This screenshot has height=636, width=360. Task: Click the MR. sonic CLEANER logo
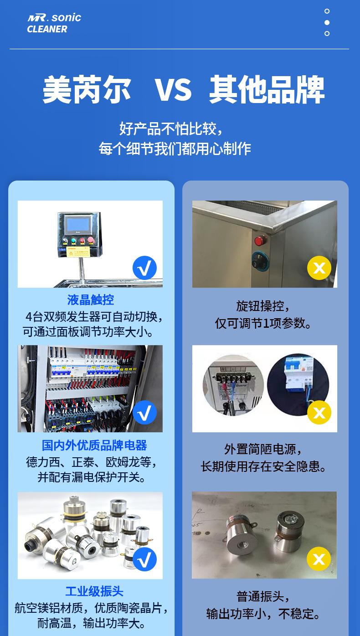point(54,23)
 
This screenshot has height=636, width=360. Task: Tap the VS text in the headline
point(174,90)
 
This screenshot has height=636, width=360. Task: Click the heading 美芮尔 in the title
point(87,90)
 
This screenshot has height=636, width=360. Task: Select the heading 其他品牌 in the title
point(267,90)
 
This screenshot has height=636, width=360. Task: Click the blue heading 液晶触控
point(91,300)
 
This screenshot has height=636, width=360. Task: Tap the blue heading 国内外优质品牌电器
point(94,445)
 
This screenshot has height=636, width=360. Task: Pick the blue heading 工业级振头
point(94,591)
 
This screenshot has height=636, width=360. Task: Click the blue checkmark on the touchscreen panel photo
point(144,268)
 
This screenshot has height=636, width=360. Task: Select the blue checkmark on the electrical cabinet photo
point(144,413)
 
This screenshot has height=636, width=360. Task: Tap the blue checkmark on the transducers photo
point(144,559)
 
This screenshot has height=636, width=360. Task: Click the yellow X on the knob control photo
point(319,268)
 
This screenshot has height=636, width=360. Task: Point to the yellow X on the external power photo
point(319,413)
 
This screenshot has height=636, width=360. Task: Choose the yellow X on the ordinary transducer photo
point(319,559)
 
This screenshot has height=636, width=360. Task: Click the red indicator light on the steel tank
point(261,240)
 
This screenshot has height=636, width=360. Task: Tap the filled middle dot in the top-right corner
point(327,22)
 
